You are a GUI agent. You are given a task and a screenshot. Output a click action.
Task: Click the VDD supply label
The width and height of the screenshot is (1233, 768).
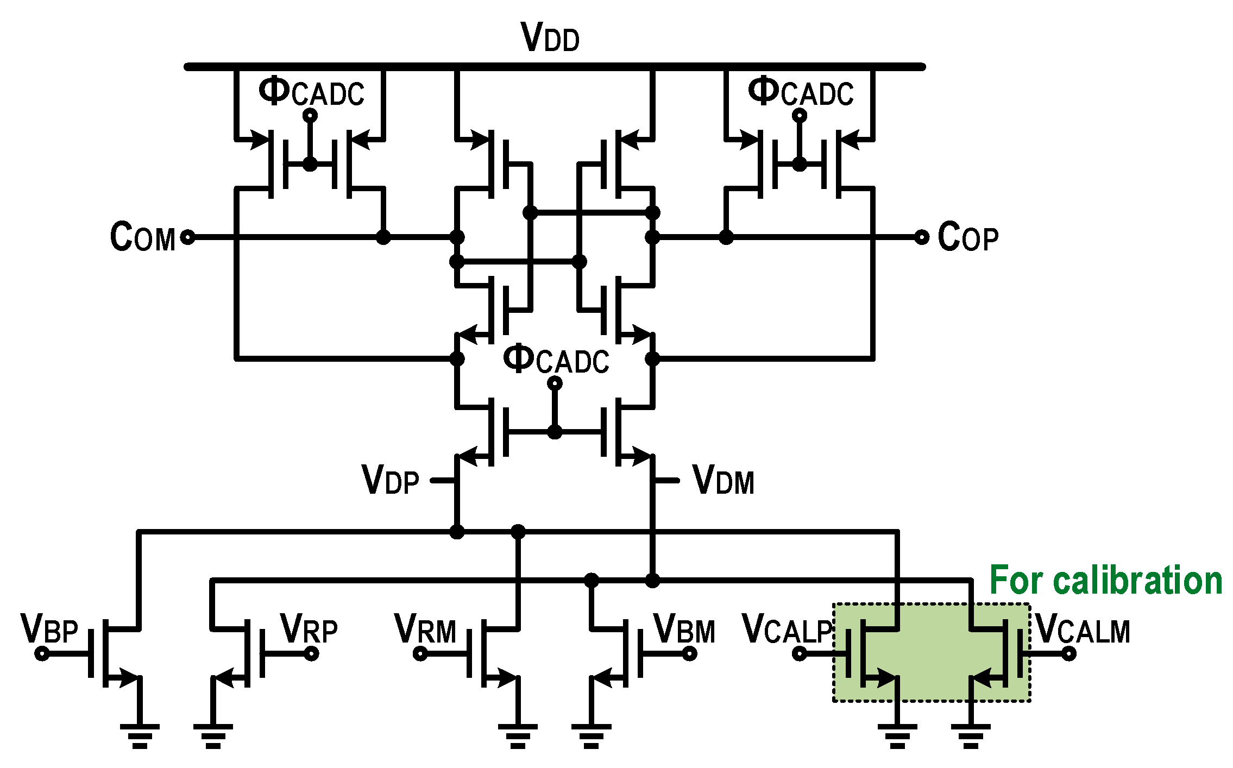click(550, 38)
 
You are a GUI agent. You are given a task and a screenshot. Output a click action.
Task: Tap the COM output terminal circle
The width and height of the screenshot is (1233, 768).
click(187, 237)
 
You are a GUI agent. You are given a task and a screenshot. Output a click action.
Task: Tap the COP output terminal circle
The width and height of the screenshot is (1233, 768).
click(922, 237)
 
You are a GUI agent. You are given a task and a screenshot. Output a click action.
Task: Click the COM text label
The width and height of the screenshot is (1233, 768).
click(142, 237)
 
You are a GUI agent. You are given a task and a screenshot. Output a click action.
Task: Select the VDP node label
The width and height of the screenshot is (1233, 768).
click(390, 480)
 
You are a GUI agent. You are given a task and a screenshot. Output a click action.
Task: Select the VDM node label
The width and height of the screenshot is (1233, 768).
click(724, 480)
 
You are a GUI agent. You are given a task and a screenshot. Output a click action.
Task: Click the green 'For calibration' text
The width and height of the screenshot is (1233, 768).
click(1106, 580)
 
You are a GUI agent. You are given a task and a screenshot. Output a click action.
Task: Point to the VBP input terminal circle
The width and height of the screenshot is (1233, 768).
click(42, 653)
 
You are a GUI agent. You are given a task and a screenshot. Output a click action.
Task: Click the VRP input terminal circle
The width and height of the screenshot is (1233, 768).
click(311, 653)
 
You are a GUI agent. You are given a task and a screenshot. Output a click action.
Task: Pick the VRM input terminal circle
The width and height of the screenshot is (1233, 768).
click(420, 653)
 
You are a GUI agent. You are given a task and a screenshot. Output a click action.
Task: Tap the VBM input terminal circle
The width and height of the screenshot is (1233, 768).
click(689, 653)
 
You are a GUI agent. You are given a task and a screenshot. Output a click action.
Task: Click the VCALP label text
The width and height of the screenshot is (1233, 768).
click(787, 630)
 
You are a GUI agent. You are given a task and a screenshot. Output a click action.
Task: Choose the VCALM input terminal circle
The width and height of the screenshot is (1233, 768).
click(1068, 653)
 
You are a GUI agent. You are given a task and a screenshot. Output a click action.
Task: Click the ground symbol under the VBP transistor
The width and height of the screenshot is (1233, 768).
click(140, 735)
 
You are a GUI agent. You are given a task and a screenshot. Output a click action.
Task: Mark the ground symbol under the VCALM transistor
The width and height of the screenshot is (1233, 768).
click(971, 735)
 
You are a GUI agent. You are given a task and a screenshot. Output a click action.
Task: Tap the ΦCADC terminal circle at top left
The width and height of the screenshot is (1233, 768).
click(310, 115)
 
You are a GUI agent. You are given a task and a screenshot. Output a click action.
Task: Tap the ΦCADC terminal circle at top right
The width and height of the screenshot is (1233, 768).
click(800, 115)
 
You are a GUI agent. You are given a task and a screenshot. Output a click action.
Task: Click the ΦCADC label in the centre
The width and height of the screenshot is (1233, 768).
click(555, 360)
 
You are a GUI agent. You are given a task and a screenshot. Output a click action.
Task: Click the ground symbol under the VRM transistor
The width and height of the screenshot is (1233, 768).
click(518, 735)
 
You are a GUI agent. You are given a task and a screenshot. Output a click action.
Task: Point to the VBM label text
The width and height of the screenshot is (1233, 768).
click(684, 630)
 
